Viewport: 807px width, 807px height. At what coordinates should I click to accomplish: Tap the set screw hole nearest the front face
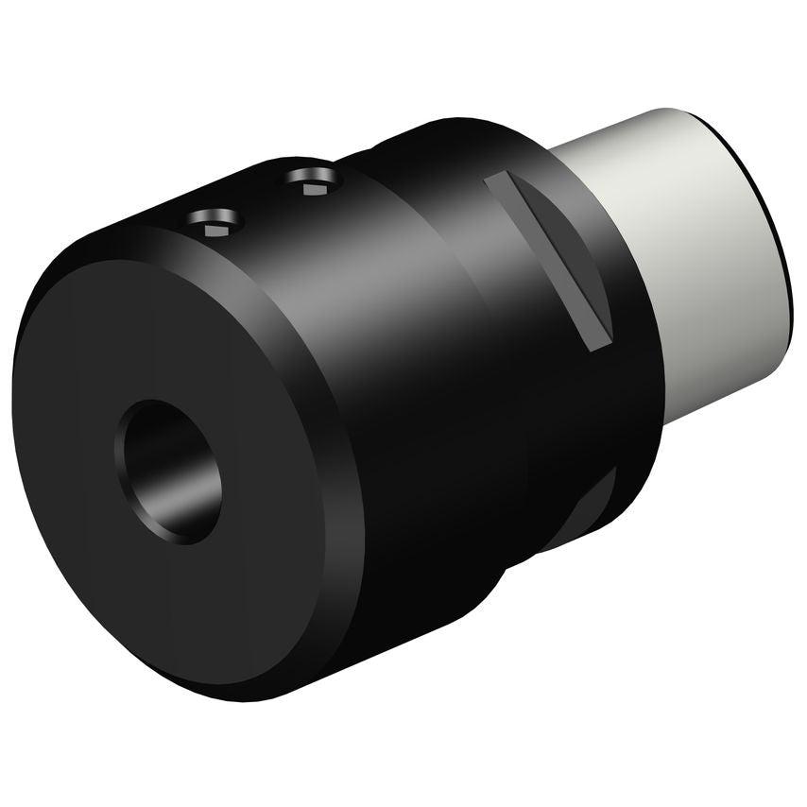pyautogui.click(x=215, y=223)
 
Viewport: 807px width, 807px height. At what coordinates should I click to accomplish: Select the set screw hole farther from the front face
pyautogui.click(x=311, y=178)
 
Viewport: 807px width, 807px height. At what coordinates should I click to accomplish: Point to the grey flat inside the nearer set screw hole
pyautogui.click(x=214, y=227)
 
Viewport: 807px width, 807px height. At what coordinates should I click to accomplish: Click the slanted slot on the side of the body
pyautogui.click(x=548, y=260)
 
